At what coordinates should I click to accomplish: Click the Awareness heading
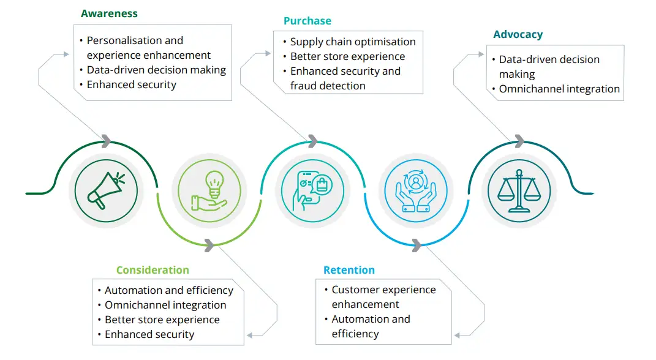[x=109, y=13]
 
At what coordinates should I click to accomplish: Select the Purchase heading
[x=307, y=21]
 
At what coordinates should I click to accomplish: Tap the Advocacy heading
[x=518, y=34]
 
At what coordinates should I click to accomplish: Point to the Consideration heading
[x=153, y=270]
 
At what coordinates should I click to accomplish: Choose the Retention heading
[x=349, y=270]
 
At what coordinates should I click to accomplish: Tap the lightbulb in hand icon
[x=209, y=190]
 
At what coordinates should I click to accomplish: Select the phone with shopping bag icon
[x=312, y=190]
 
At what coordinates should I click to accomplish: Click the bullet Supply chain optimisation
[x=352, y=42]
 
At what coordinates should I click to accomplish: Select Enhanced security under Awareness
[x=131, y=84]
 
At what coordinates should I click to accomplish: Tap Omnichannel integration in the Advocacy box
[x=559, y=89]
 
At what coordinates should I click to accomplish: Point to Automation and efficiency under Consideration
[x=168, y=290]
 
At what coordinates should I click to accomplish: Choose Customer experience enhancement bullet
[x=383, y=296]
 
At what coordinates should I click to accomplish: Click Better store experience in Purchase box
[x=347, y=56]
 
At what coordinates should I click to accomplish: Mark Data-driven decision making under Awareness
[x=156, y=70]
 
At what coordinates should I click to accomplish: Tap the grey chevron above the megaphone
[x=106, y=141]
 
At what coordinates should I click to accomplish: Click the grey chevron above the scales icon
[x=519, y=141]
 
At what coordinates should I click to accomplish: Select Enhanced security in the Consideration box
[x=149, y=334]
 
